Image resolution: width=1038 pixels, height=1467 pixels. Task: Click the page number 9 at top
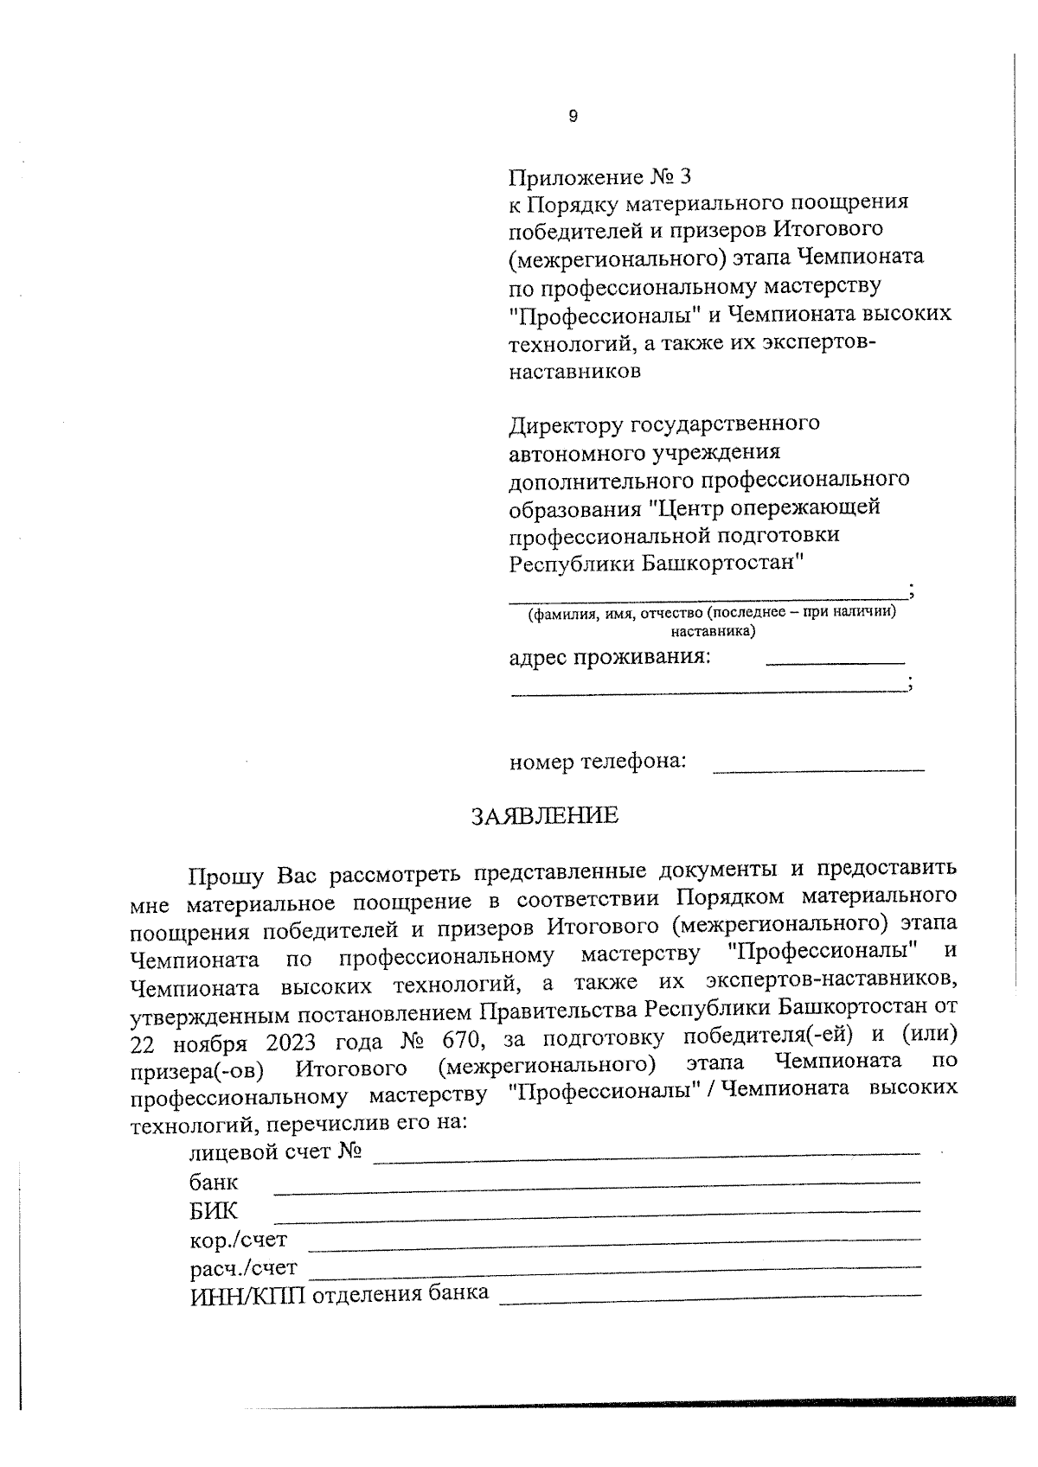[573, 117]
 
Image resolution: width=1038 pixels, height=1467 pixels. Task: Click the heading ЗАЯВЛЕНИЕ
[544, 816]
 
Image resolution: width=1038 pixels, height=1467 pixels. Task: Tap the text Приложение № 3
[600, 177]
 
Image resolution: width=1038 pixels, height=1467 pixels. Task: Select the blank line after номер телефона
[817, 769]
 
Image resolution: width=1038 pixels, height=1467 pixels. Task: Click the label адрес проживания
[610, 658]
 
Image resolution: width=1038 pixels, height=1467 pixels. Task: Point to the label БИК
[213, 1211]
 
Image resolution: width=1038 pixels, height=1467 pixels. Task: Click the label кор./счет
[238, 1241]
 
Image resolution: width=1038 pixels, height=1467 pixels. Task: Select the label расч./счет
[243, 1269]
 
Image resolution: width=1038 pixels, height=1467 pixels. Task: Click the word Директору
[567, 424]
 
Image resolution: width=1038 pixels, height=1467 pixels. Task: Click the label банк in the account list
[214, 1183]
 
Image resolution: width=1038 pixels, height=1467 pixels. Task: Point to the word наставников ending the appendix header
[575, 373]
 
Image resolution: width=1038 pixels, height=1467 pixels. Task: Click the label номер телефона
[597, 762]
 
